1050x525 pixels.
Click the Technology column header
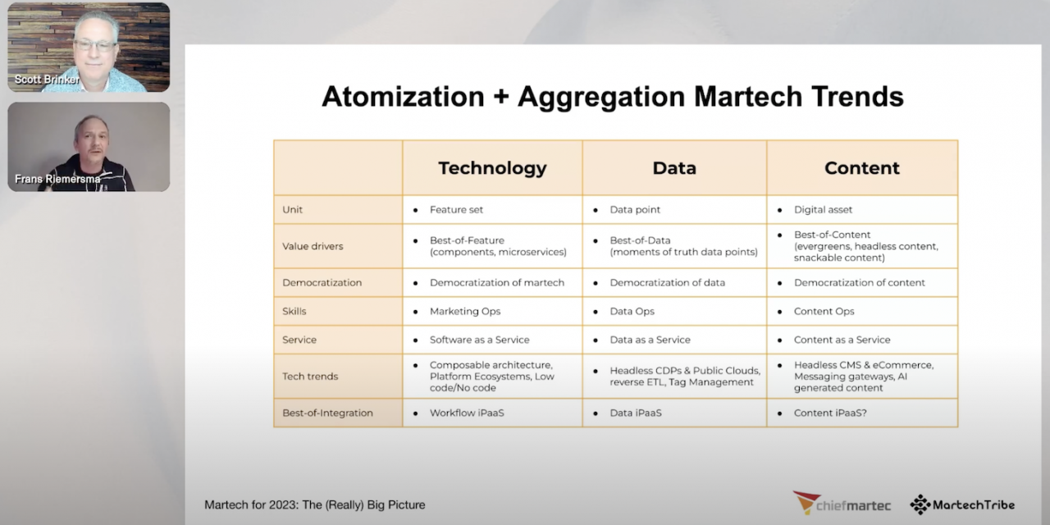[492, 168]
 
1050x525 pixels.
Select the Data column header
[674, 168]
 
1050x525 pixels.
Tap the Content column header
[861, 168]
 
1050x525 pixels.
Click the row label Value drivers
[313, 246]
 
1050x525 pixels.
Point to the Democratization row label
[322, 282]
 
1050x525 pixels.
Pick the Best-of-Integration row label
[327, 413]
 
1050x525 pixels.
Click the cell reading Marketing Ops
[464, 311]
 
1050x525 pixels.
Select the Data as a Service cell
[650, 340]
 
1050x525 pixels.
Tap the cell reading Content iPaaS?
[830, 413]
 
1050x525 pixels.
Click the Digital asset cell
[823, 210]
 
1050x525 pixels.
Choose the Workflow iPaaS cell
[467, 413]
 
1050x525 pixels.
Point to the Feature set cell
[456, 210]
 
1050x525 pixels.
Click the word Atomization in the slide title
[403, 97]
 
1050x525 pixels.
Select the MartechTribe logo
[962, 504]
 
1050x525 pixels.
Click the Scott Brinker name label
[47, 80]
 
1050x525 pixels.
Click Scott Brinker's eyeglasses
[95, 44]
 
